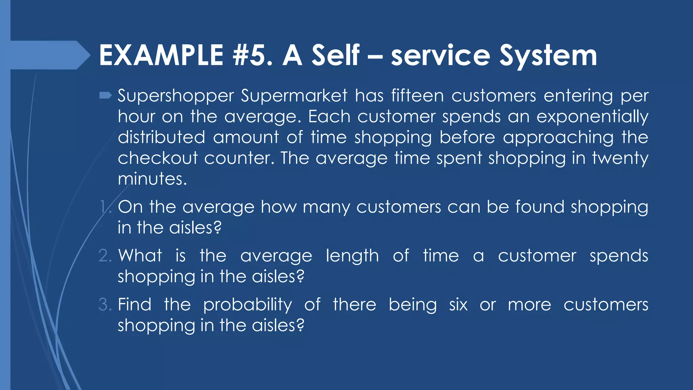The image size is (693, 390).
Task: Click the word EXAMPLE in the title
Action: (161, 56)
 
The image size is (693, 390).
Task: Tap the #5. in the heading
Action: (252, 56)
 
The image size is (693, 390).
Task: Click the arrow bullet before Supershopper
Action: (106, 96)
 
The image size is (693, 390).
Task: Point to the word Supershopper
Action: (176, 96)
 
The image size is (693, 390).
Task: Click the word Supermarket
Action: (294, 96)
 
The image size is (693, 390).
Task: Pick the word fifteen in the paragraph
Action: (417, 95)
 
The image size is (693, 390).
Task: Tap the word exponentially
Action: (592, 117)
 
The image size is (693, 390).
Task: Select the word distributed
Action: (161, 137)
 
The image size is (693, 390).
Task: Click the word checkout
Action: (158, 158)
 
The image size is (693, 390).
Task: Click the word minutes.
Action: (152, 179)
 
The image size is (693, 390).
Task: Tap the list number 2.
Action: (105, 256)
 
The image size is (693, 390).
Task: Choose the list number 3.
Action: (105, 305)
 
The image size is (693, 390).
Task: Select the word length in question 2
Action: (352, 256)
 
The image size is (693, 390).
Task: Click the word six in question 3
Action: (458, 305)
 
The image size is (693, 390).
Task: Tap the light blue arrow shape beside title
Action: (47, 55)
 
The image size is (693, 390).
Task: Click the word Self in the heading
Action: (335, 56)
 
